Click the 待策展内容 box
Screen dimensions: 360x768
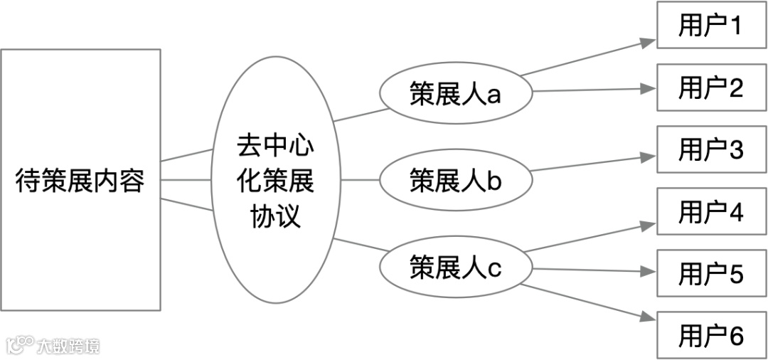80,180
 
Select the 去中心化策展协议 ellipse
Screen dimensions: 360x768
274,180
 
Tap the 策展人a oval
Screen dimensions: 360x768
456,93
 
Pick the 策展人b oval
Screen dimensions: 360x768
456,180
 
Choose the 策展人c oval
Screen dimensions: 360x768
456,268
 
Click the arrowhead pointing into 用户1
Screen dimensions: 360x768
648,42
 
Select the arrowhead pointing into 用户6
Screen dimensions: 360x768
648,319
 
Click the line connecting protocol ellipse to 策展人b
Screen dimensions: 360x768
361,180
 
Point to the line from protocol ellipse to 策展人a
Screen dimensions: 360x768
361,115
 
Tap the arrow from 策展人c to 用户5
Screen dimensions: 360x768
590,270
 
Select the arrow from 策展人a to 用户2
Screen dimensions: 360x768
590,90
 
